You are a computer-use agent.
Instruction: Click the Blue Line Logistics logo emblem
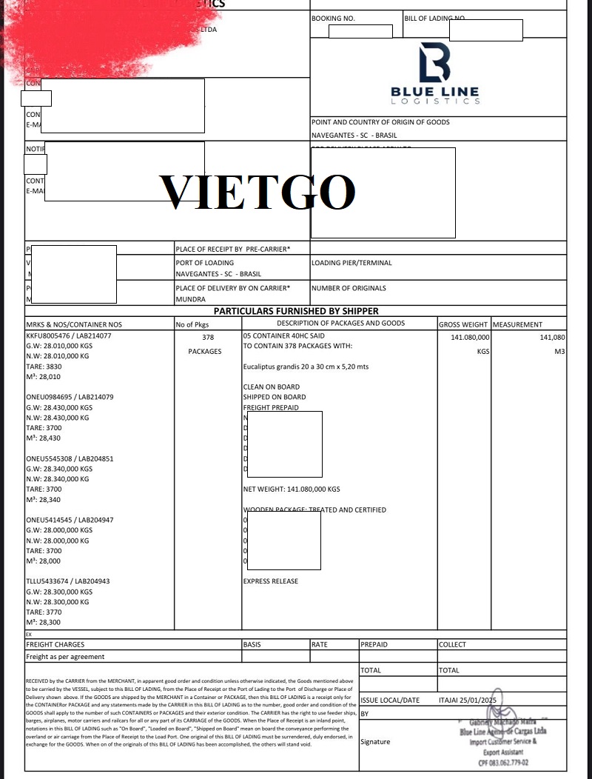tap(434, 62)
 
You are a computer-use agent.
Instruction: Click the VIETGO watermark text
tap(258, 191)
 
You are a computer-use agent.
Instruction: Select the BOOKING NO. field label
tap(334, 17)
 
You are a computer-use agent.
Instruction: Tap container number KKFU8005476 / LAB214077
tap(69, 335)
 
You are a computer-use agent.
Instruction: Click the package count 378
tap(208, 336)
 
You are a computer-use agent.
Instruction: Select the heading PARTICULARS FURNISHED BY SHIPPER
tap(306, 311)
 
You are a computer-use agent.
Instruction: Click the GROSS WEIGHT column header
tap(463, 324)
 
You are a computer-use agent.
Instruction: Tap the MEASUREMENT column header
tap(518, 324)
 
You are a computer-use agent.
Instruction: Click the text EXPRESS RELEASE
tap(271, 581)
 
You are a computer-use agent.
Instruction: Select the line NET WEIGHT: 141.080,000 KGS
tap(292, 489)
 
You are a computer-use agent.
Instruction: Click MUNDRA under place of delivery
tap(190, 300)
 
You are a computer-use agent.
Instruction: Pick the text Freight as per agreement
tap(65, 657)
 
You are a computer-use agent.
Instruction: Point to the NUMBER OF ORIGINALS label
tap(349, 288)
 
